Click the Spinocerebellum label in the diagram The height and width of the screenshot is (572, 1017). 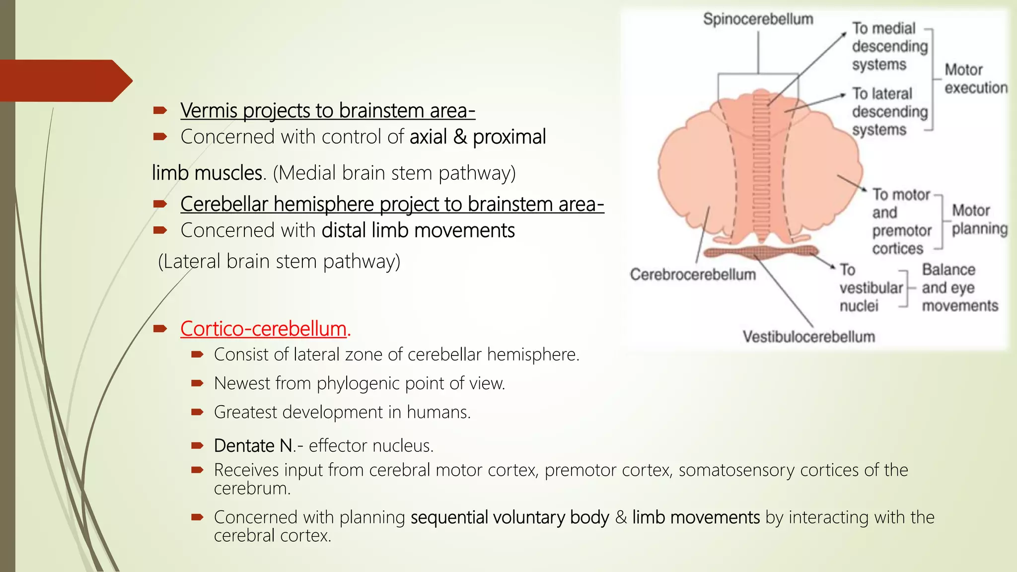pyautogui.click(x=758, y=19)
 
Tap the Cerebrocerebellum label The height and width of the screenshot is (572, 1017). pyautogui.click(x=693, y=275)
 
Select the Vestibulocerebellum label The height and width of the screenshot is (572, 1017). pyautogui.click(x=808, y=337)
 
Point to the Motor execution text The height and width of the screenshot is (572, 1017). pyautogui.click(x=975, y=78)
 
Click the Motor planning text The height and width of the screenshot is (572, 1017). pyautogui.click(x=979, y=219)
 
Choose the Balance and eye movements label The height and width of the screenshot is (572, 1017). pyautogui.click(x=959, y=287)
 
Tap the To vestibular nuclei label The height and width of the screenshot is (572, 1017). pyautogui.click(x=870, y=287)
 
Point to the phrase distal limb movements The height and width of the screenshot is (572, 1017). pyautogui.click(x=418, y=230)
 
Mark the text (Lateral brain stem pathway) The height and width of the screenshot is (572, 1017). pyautogui.click(x=279, y=261)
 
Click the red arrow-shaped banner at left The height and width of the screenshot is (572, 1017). pyautogui.click(x=62, y=80)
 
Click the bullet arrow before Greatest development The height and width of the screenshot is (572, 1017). pyautogui.click(x=197, y=412)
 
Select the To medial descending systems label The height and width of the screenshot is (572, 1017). pyautogui.click(x=889, y=46)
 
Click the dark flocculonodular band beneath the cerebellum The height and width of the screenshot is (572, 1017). pyautogui.click(x=760, y=252)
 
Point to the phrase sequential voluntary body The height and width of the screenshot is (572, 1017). pyautogui.click(x=509, y=517)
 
